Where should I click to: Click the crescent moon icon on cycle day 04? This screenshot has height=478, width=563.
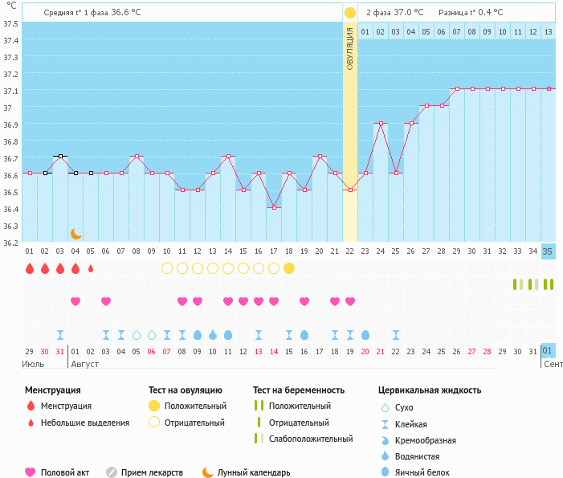pos(75,233)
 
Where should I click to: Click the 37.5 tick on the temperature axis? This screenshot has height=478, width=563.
pos(10,23)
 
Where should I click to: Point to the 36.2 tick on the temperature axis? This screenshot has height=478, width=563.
pos(10,243)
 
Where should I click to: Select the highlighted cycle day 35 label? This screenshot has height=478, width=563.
pos(548,251)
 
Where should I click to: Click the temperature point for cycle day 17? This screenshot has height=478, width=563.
pos(274,207)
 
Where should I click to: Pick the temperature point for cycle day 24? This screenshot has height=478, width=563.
pos(381,123)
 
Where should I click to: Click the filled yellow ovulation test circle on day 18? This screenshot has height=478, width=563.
pos(289,268)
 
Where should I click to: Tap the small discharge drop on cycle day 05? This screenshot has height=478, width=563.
pos(91,268)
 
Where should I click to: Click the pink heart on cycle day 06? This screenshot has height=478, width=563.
pos(106,301)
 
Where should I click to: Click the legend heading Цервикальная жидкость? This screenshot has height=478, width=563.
pos(430,390)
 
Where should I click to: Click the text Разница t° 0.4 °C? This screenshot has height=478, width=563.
pos(471,12)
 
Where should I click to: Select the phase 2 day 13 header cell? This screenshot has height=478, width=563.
pos(548,32)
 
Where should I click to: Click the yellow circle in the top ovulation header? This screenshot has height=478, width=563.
pos(350,13)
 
